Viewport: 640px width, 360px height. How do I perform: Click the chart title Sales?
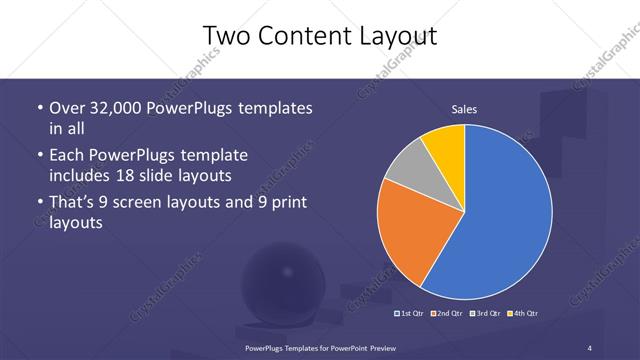point(463,109)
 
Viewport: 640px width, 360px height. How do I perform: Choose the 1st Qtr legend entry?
point(410,314)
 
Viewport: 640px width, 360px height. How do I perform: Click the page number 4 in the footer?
point(590,347)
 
